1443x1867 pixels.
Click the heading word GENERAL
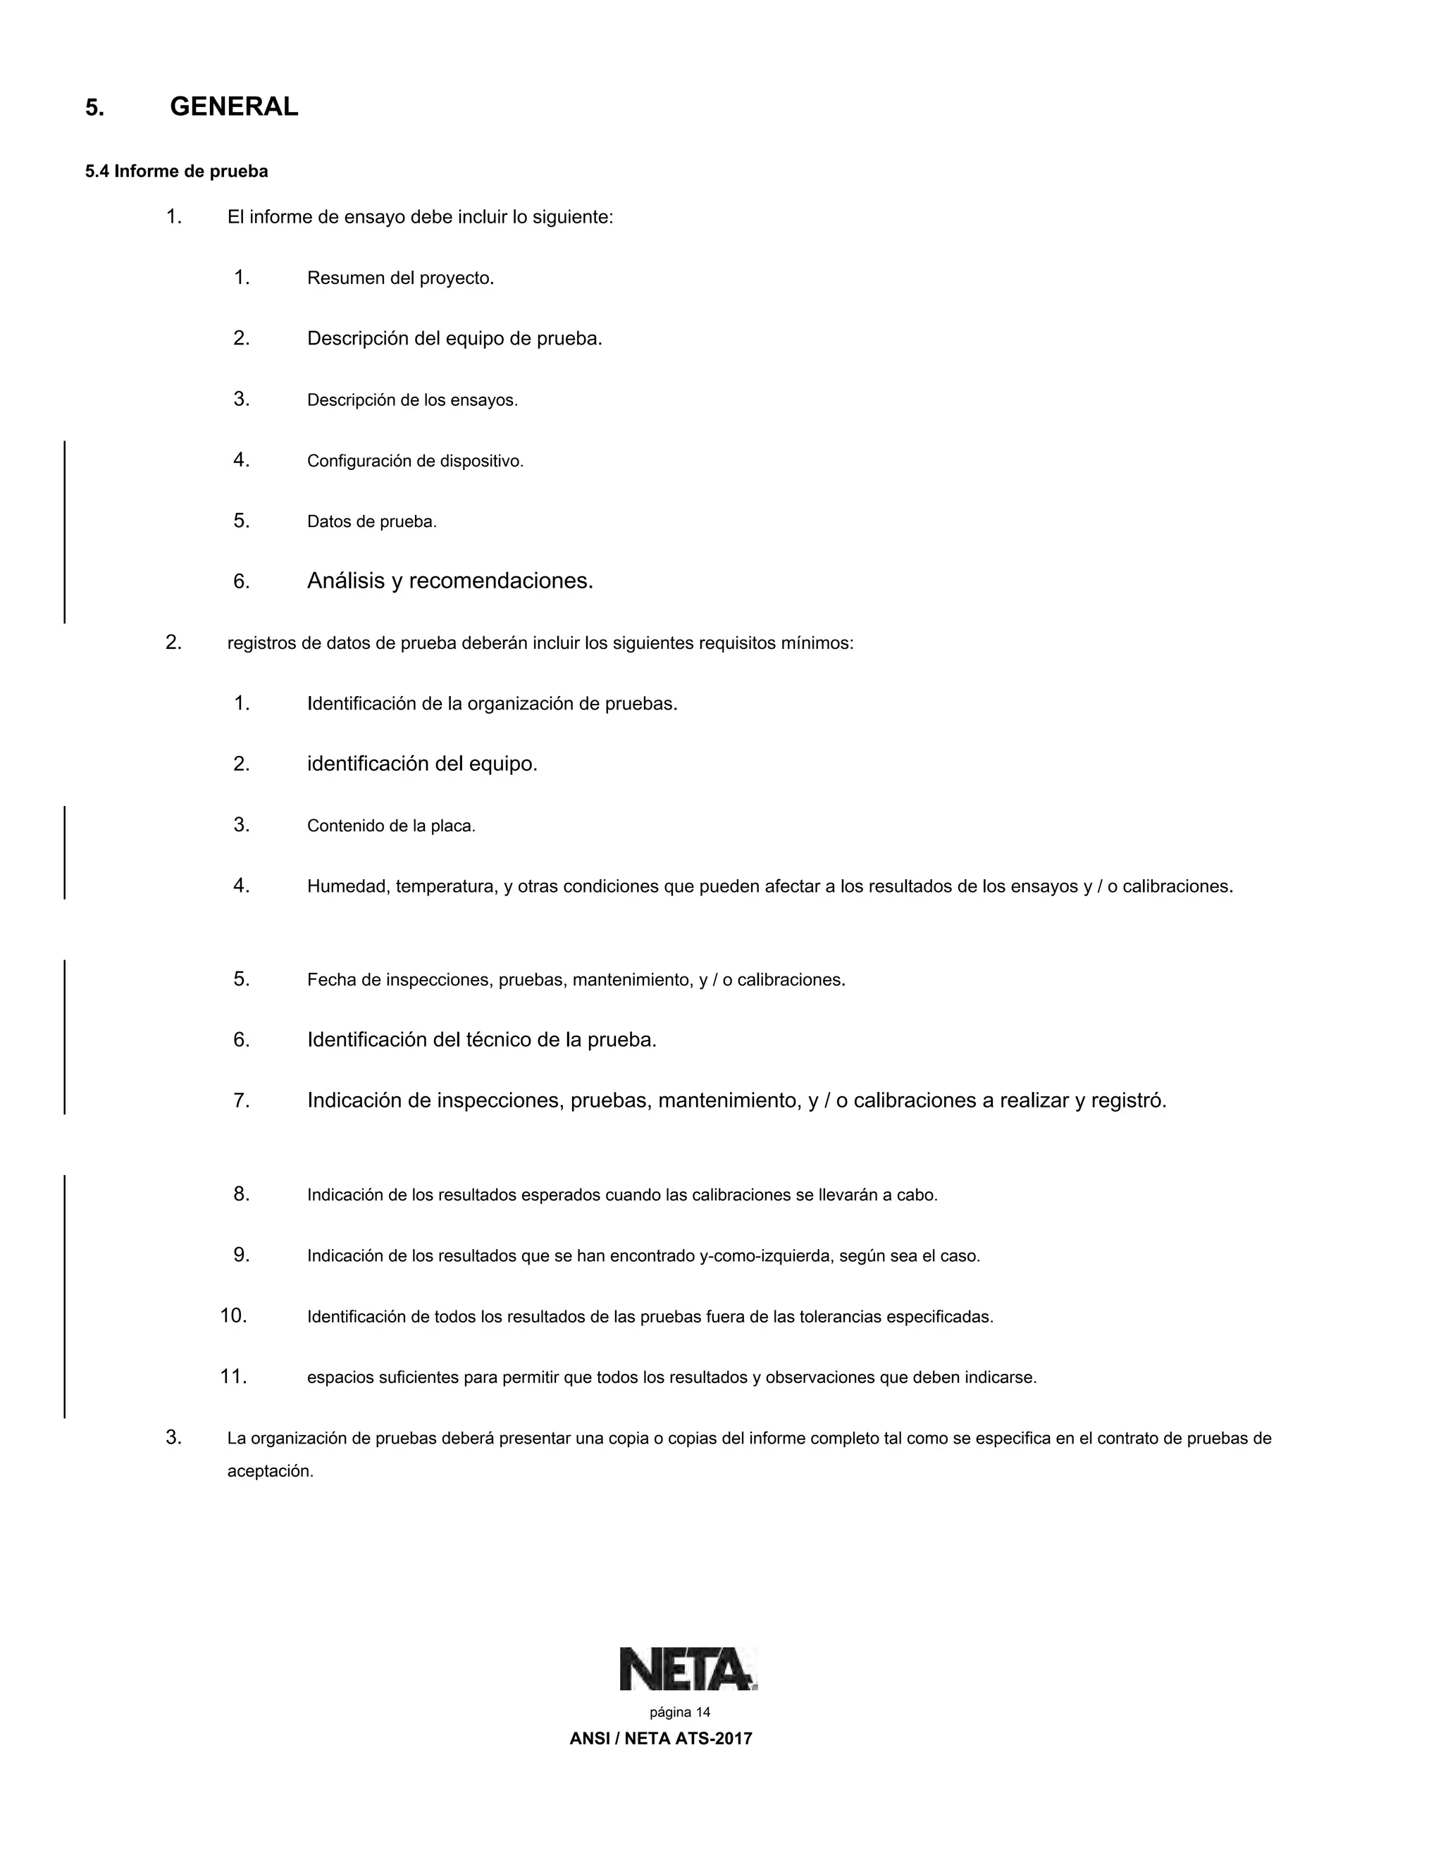[x=234, y=107]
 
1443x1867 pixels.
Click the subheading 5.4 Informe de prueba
[x=176, y=172]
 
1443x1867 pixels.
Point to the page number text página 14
[x=680, y=1712]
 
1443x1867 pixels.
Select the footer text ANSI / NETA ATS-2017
[x=661, y=1739]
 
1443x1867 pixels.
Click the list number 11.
[x=233, y=1377]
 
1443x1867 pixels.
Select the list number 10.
[x=233, y=1315]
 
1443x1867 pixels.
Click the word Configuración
[x=359, y=461]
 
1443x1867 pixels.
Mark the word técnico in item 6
[x=498, y=1041]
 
